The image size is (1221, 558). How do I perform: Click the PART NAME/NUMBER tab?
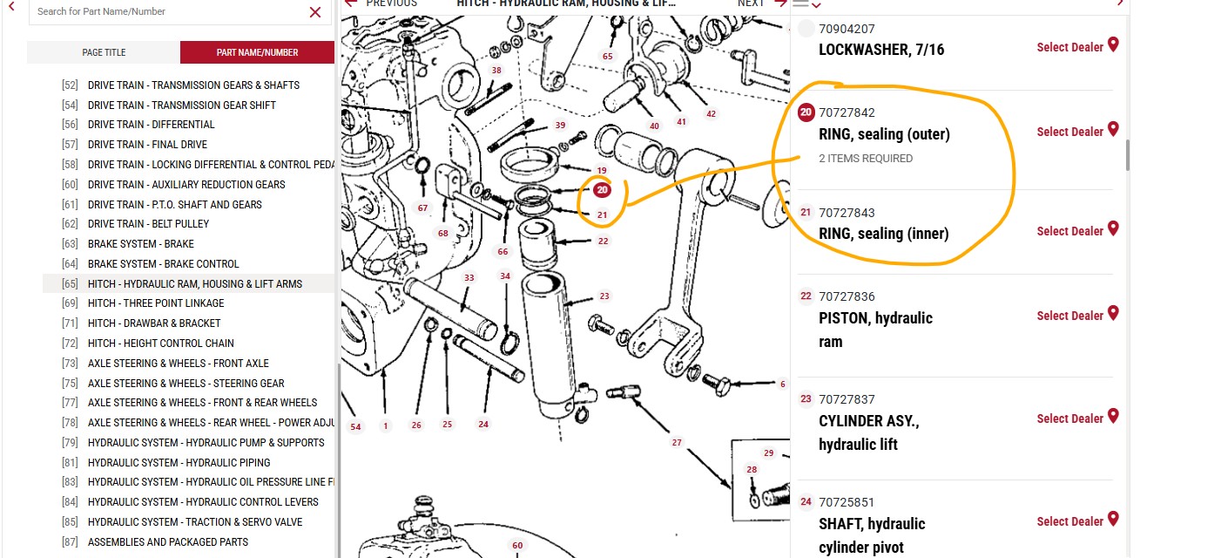coord(257,52)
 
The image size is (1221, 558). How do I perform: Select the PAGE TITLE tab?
coord(104,52)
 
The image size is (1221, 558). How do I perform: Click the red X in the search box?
coord(315,12)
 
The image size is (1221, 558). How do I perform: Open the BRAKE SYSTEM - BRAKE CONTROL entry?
coord(163,263)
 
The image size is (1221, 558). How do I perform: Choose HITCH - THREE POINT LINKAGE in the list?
coord(156,303)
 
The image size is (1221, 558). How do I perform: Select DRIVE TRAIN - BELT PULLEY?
coord(148,224)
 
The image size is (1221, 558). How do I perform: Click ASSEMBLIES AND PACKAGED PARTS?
coord(168,541)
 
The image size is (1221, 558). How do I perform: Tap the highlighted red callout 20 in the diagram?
coord(602,190)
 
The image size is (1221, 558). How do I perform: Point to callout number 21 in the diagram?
coord(603,214)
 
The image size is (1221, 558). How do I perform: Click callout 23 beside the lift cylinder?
coord(604,296)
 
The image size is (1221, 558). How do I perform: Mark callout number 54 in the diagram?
coord(355,426)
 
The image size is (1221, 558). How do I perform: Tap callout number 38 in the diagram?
coord(496,71)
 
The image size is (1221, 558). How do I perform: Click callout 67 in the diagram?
coord(423,208)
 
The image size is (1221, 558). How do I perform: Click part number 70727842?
coord(847,112)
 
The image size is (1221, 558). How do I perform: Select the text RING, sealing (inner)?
coord(883,234)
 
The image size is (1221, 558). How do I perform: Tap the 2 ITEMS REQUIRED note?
coord(866,159)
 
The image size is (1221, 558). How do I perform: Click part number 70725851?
coord(847,502)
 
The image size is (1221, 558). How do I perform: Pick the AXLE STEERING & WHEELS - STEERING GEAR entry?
coord(186,383)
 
